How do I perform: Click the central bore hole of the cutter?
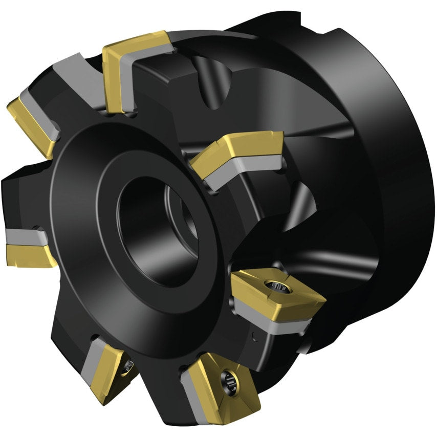[154, 230]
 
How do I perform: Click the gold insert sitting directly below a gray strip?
[28, 253]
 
